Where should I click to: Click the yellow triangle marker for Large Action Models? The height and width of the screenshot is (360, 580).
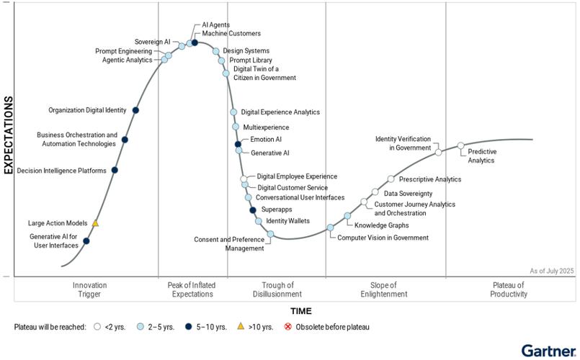[95, 224]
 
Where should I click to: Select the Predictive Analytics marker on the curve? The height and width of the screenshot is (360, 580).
[461, 146]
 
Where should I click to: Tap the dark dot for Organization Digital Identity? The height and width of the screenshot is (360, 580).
[135, 110]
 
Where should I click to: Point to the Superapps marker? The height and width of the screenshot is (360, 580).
[253, 210]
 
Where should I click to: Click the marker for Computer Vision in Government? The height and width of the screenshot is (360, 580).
[331, 228]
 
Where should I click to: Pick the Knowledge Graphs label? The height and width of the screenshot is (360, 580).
[381, 225]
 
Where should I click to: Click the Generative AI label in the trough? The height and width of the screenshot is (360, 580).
[269, 153]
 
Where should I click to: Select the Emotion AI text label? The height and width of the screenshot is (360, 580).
[266, 139]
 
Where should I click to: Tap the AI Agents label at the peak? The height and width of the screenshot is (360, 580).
[215, 24]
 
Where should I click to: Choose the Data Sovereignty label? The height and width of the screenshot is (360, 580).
[408, 193]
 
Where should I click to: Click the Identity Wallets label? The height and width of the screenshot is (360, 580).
[287, 220]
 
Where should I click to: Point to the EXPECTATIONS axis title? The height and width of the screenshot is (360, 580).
[9, 135]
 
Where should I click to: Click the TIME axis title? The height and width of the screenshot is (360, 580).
[300, 311]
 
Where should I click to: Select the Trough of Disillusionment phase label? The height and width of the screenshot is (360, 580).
[277, 289]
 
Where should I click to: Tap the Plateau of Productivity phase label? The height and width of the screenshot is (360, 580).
[509, 289]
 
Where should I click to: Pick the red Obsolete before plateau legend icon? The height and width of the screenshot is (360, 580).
[288, 327]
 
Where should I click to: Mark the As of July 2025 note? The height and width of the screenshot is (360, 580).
[551, 270]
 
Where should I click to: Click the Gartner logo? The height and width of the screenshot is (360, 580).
[548, 350]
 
